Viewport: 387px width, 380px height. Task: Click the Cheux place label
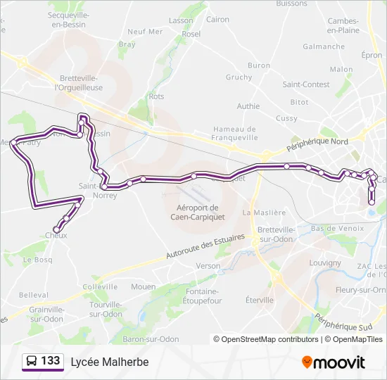point(56,236)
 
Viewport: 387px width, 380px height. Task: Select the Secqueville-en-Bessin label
point(67,19)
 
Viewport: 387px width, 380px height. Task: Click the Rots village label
point(156,96)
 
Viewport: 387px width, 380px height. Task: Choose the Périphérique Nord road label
point(317,145)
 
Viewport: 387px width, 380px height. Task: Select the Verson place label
point(208,266)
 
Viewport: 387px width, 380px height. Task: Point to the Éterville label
point(260,300)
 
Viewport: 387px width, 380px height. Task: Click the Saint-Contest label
point(306,84)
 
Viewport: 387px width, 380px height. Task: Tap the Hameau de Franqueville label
point(236,134)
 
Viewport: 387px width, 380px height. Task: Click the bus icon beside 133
point(32,362)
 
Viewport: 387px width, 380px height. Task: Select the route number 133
point(51,361)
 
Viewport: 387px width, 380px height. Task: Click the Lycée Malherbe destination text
point(110,362)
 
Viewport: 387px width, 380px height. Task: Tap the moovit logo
point(334,362)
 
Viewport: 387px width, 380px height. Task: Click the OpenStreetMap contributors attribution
point(265,339)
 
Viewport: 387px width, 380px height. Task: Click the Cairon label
point(218,20)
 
